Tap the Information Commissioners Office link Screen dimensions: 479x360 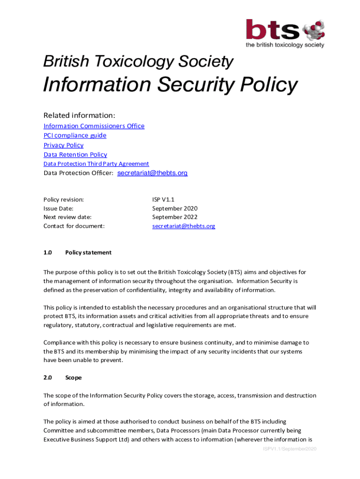click(94, 126)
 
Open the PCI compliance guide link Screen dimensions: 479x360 click(75, 135)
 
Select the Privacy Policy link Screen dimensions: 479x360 click(64, 145)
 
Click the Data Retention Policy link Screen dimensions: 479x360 click(75, 154)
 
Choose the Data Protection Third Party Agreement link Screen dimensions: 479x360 click(96, 164)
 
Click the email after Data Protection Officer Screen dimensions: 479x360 click(152, 173)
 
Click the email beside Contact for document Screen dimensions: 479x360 click(184, 226)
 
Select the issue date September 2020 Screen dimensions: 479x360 click(175, 208)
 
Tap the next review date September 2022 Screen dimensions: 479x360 click(175, 217)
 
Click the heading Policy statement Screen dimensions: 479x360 click(88, 252)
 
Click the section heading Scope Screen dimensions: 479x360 click(73, 377)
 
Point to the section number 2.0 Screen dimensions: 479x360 click(48, 377)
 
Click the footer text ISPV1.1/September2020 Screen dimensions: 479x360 click(289, 449)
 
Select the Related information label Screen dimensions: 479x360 click(79, 115)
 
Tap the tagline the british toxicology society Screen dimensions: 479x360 click(285, 45)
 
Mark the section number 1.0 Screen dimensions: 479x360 click(48, 252)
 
